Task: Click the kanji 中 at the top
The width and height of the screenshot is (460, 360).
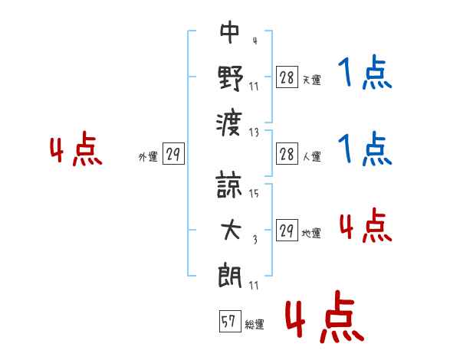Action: click(230, 32)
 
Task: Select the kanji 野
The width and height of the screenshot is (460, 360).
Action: click(230, 78)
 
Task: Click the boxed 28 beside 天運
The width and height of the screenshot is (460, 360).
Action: click(287, 77)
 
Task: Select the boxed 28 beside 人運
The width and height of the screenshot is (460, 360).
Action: click(287, 153)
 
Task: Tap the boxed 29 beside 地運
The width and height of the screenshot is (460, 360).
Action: click(287, 230)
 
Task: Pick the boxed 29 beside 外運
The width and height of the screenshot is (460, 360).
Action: click(173, 153)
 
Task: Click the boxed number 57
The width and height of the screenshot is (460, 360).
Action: click(230, 321)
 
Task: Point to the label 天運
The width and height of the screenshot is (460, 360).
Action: click(311, 80)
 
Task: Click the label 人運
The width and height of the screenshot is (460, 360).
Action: click(311, 156)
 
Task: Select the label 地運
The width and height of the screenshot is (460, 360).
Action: click(311, 233)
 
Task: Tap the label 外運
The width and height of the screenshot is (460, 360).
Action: click(148, 156)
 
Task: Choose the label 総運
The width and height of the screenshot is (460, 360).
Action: click(255, 324)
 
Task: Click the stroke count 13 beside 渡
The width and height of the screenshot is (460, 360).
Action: click(254, 133)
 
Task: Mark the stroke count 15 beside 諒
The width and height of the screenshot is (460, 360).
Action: click(254, 193)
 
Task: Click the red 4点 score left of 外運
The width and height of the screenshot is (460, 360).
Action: click(76, 149)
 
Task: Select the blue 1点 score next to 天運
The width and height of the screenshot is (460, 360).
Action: click(365, 72)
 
